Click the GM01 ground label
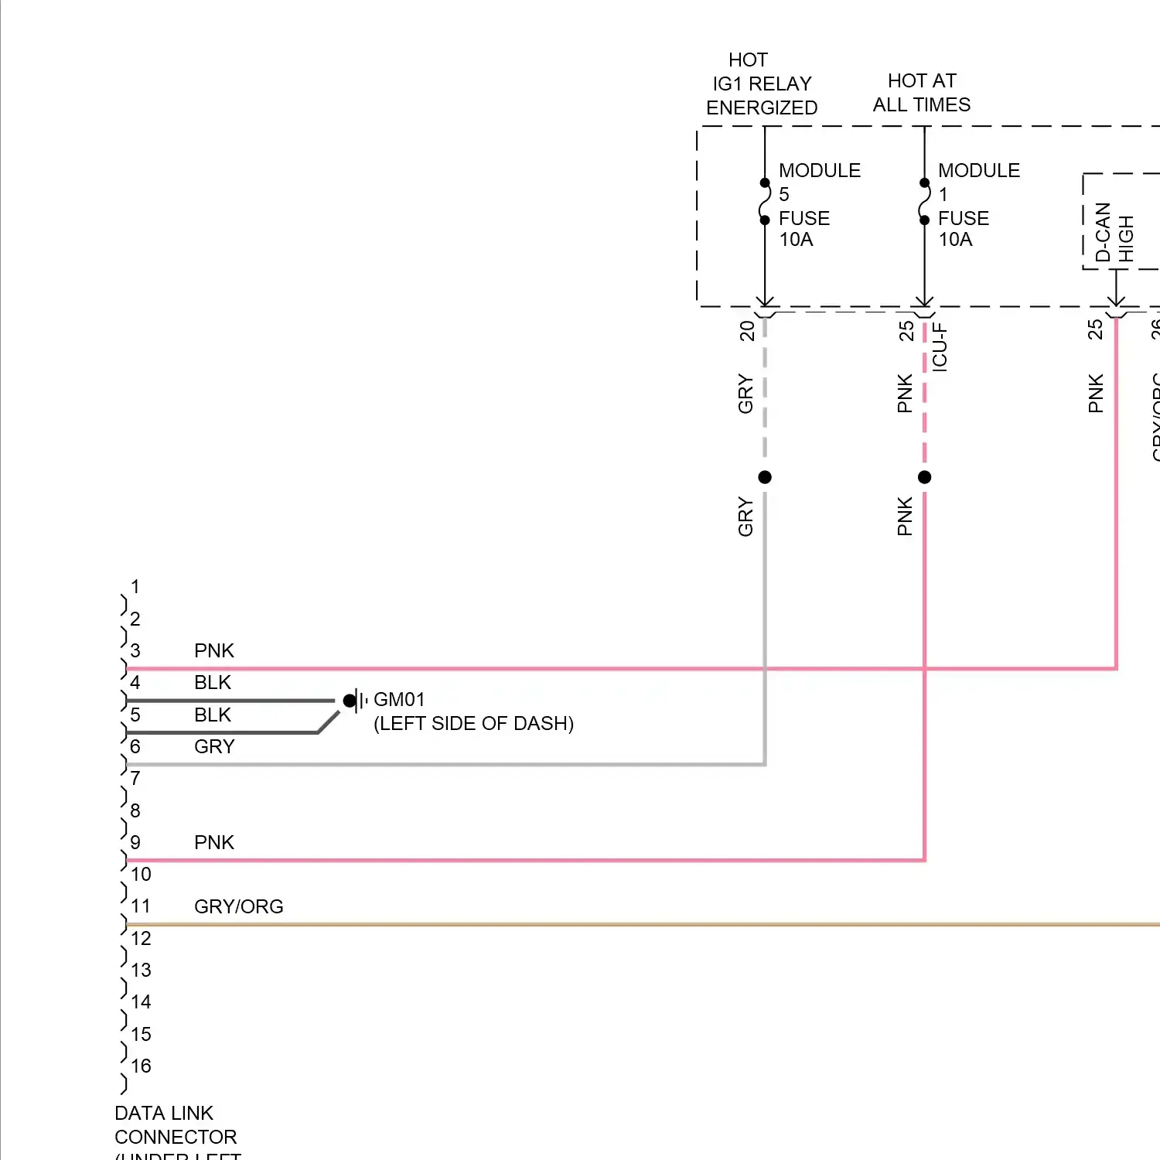click(x=399, y=700)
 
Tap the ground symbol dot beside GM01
click(x=350, y=701)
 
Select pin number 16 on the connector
click(x=141, y=1066)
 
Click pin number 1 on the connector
click(x=135, y=587)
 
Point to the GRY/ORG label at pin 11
click(x=238, y=906)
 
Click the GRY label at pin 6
click(x=214, y=746)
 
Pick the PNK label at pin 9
click(x=214, y=842)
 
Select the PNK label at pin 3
click(x=214, y=650)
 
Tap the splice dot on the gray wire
click(x=765, y=477)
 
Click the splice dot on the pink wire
click(x=924, y=477)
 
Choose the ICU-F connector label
click(x=940, y=347)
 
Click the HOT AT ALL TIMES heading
click(x=922, y=93)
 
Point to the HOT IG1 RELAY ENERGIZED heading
click(x=762, y=84)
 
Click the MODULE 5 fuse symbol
click(x=765, y=202)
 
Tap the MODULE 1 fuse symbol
click(x=924, y=202)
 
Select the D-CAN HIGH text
click(x=1114, y=233)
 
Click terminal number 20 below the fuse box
click(x=746, y=331)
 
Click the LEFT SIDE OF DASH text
click(x=473, y=724)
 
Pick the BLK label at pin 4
click(x=213, y=682)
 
